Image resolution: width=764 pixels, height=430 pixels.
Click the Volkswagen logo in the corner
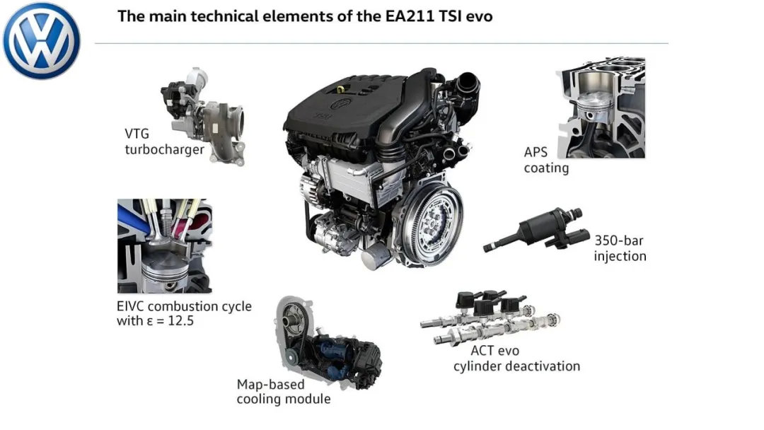tap(41, 40)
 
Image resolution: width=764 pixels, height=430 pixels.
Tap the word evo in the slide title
tap(479, 17)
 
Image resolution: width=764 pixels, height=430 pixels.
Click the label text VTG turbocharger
tap(164, 141)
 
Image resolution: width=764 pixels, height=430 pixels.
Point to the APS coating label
tap(546, 160)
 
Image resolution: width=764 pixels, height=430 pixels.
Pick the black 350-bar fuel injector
tap(536, 230)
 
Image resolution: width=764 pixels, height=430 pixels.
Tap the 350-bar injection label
tap(620, 248)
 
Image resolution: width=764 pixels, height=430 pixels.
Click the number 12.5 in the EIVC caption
tap(181, 321)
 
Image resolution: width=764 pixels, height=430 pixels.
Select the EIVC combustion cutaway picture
tap(165, 245)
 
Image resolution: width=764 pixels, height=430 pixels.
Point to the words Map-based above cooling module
tap(270, 385)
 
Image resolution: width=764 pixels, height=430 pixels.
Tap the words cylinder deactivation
tap(516, 366)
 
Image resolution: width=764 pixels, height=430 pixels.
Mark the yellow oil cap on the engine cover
tap(340, 89)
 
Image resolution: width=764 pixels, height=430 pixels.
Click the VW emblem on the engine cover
tap(341, 104)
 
